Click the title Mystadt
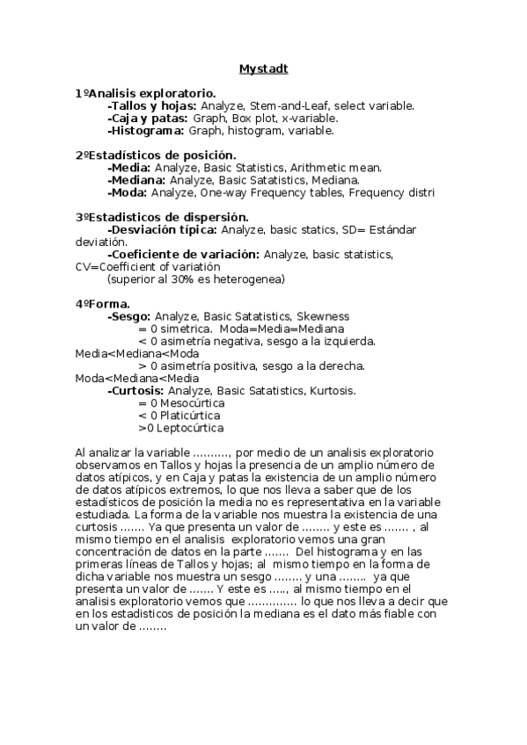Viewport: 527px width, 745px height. pyautogui.click(x=263, y=68)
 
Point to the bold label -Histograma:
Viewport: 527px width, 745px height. pyautogui.click(x=145, y=130)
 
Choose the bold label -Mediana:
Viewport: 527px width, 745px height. pyautogui.click(x=136, y=179)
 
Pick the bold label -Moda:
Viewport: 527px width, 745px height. pyautogui.click(x=127, y=192)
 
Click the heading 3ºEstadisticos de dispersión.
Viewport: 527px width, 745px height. pyautogui.click(x=162, y=216)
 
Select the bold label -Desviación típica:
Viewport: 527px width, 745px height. pyautogui.click(x=162, y=229)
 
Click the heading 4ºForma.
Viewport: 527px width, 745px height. pyautogui.click(x=102, y=303)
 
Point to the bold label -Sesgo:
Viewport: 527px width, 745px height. pyautogui.click(x=128, y=315)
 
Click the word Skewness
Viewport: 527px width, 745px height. pyautogui.click(x=323, y=315)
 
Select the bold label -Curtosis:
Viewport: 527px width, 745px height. pyautogui.click(x=135, y=390)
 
